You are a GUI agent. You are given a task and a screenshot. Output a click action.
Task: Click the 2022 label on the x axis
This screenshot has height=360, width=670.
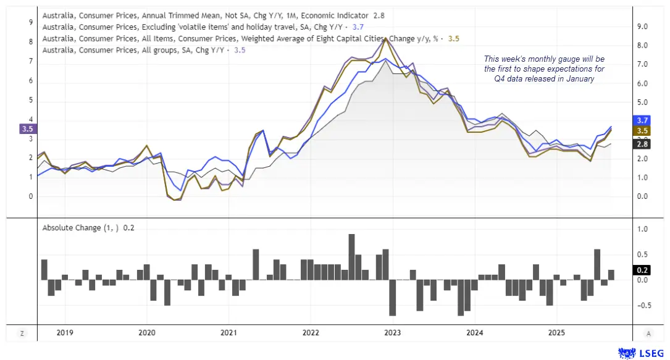tap(311, 333)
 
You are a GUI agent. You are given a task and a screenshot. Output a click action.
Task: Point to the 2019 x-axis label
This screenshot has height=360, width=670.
tap(65, 333)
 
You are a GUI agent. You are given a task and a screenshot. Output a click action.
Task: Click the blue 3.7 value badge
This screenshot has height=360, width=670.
tap(641, 120)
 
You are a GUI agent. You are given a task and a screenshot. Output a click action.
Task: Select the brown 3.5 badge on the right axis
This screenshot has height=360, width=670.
tap(641, 132)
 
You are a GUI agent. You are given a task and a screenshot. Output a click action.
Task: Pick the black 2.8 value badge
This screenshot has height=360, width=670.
tap(641, 144)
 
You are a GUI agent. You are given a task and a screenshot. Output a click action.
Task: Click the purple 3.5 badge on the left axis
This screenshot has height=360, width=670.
tap(27, 129)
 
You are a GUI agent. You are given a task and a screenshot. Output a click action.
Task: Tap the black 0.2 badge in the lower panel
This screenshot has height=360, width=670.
tap(641, 270)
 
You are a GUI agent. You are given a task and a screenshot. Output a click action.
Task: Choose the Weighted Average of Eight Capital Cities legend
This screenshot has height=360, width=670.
tap(247, 39)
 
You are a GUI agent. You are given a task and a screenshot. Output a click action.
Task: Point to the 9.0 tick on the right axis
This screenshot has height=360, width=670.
tap(642, 27)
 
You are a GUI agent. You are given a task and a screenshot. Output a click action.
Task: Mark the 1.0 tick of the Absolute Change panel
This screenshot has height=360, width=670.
tap(642, 229)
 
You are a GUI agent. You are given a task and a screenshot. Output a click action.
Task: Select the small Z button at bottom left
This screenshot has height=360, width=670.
tap(22, 333)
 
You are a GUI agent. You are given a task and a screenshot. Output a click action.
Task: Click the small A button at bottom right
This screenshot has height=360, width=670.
tap(648, 333)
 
